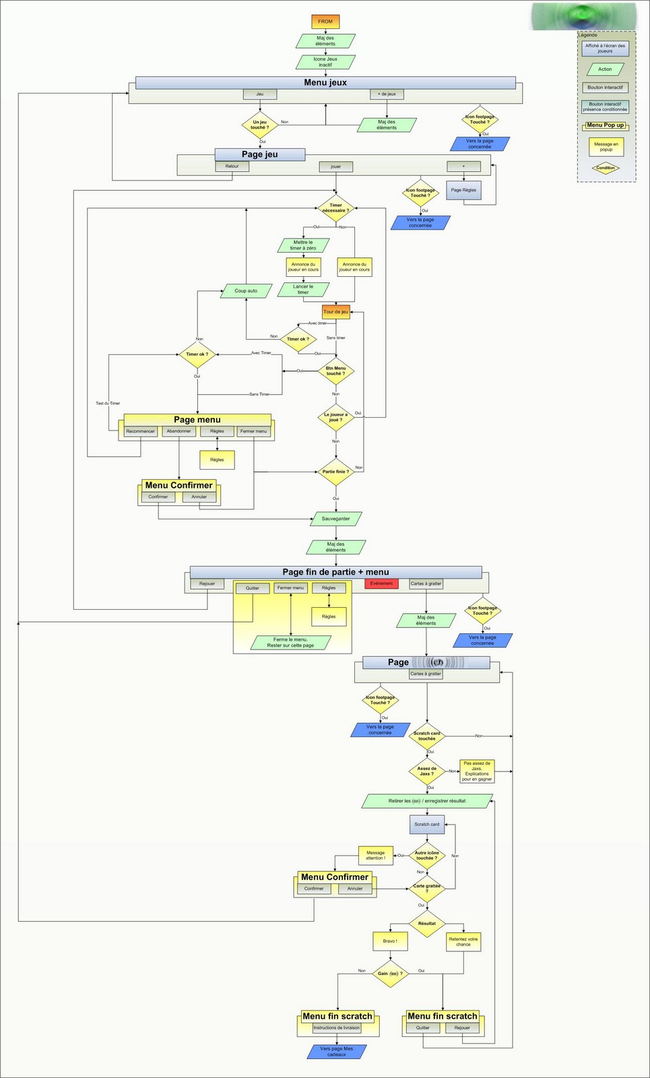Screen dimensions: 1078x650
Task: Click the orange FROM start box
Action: (325, 22)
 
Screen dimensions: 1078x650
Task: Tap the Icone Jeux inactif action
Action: (325, 62)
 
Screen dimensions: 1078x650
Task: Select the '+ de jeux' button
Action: (387, 94)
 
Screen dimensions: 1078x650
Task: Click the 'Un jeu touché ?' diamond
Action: (260, 125)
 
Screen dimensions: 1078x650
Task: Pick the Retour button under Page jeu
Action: (232, 166)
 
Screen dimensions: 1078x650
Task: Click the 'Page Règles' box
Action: (463, 190)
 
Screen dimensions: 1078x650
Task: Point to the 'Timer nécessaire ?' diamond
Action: (335, 208)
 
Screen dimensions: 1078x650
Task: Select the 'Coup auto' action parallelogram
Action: (246, 291)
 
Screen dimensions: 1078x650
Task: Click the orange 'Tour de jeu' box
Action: (335, 312)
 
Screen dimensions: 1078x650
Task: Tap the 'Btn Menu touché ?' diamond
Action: (335, 371)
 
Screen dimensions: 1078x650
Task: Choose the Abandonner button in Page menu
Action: (178, 431)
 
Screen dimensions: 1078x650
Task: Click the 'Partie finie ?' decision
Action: (335, 472)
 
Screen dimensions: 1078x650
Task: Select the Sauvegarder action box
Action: (335, 519)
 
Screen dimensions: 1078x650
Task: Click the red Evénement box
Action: (381, 583)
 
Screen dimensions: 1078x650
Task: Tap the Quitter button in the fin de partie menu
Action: (252, 588)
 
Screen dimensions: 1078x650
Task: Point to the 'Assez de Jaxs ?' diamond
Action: (426, 771)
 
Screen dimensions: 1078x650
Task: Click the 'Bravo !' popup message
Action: (390, 941)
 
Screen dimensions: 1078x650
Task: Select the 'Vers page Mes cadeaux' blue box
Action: (336, 1051)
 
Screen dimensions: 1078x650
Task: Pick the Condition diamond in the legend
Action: (606, 168)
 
